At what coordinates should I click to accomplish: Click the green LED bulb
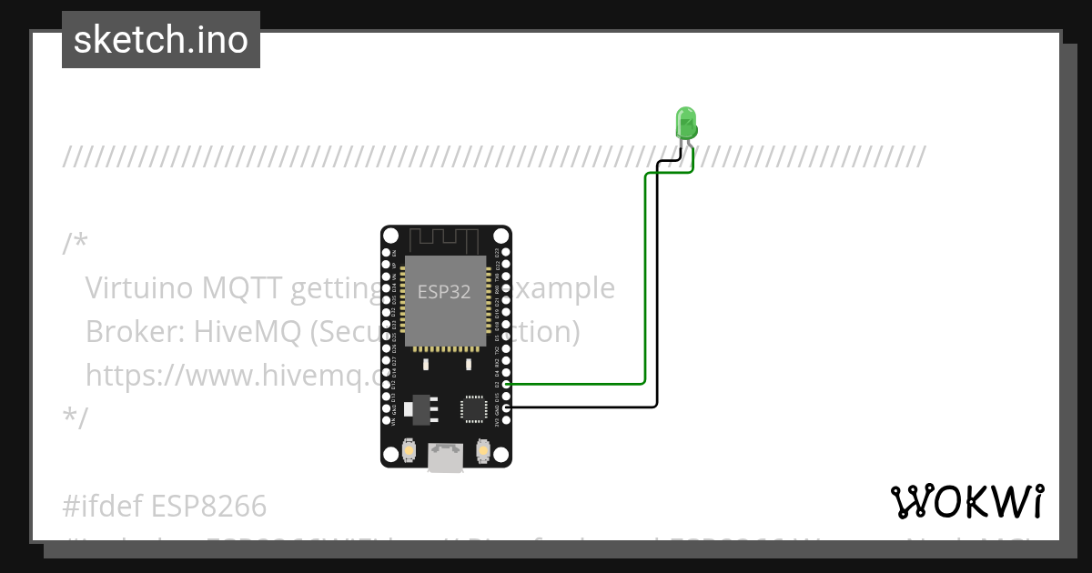coord(685,122)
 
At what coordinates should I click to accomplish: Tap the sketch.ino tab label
coord(161,40)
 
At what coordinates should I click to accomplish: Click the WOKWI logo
coord(966,501)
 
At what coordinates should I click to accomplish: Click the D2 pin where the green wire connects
coord(506,385)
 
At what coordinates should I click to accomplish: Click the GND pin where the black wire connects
coord(506,407)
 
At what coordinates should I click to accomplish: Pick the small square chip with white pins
coord(474,407)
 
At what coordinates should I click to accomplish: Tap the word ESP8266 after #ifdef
coord(208,505)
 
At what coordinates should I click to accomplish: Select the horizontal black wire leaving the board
coord(582,407)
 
